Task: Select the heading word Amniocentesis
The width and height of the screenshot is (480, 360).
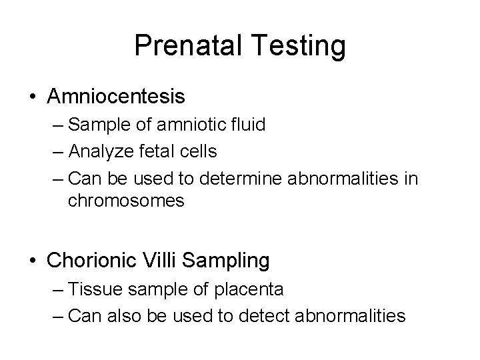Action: coord(116,97)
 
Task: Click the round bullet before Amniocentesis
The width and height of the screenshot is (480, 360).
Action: coord(34,97)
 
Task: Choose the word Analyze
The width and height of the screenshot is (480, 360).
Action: coord(101,152)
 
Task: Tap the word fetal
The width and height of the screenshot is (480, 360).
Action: coord(154,152)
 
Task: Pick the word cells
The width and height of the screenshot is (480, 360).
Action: coord(197,152)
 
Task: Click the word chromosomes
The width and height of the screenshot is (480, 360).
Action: coord(126,201)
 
